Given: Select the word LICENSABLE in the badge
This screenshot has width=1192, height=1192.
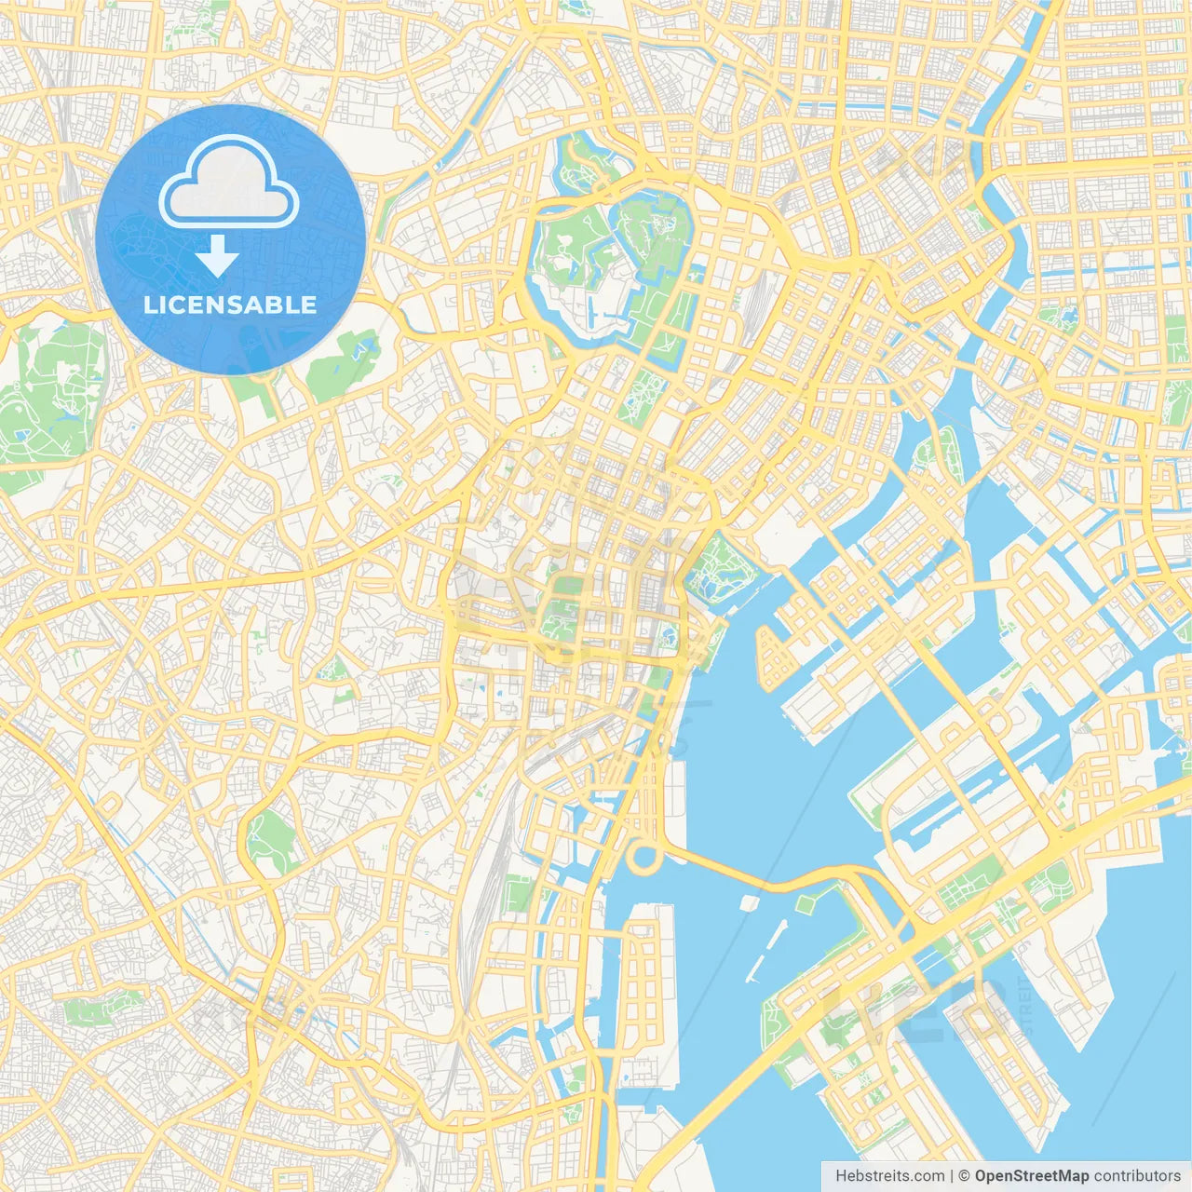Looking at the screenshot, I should pos(230,305).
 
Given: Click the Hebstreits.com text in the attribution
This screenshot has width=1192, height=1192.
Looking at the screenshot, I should pos(889,1175).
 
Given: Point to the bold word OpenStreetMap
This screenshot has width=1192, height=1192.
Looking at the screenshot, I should pos(1032,1175).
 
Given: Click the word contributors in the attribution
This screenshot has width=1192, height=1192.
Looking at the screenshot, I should pos(1137,1175).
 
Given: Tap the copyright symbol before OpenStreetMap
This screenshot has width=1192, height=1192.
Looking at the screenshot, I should pos(965,1175).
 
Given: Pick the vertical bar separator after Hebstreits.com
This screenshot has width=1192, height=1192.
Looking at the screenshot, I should pos(952,1175).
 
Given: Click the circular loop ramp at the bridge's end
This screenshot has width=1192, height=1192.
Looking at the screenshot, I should pos(643,855).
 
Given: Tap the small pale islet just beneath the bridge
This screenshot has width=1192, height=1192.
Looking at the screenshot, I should pos(750,902).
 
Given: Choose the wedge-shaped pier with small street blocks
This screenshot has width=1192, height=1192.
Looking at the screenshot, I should pos(775,657).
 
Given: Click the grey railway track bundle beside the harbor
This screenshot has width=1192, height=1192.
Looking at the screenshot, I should pos(494,838).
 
